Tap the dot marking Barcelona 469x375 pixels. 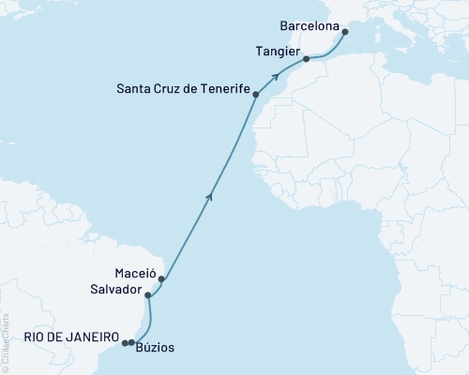(345, 32)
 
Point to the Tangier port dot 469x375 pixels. (306, 60)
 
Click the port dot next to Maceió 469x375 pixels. (162, 278)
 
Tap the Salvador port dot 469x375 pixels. (148, 294)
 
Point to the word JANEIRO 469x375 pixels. (92, 337)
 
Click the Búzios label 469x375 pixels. (155, 349)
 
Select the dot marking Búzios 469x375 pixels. (131, 342)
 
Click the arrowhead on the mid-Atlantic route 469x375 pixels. (210, 194)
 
